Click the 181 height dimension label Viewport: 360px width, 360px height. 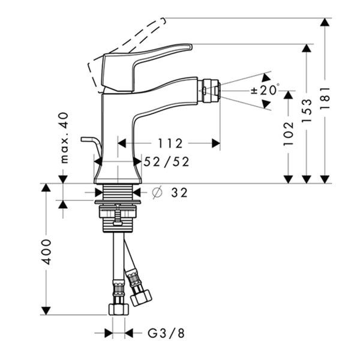(x=325, y=98)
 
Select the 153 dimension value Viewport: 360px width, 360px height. (x=307, y=110)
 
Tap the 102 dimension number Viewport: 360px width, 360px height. (x=289, y=134)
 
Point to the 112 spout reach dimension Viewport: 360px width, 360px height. (x=170, y=143)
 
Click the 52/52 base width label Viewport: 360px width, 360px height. (x=166, y=161)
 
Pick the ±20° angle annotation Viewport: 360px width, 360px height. (x=265, y=90)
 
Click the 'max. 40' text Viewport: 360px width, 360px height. (x=64, y=138)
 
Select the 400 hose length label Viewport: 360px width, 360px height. (x=46, y=252)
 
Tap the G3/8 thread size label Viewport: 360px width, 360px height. (x=166, y=333)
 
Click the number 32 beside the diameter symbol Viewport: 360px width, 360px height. (x=179, y=193)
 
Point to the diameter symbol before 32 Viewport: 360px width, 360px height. (x=157, y=193)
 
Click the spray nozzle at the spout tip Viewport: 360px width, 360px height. (x=209, y=91)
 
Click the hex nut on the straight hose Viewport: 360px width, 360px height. (x=118, y=309)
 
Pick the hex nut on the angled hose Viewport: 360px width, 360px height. (x=141, y=298)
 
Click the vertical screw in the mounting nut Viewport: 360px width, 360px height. (x=118, y=215)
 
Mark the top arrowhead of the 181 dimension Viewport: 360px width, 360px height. (x=325, y=22)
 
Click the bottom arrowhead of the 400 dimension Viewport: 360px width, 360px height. (x=46, y=311)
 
